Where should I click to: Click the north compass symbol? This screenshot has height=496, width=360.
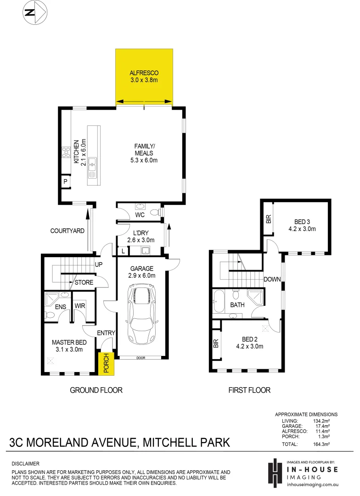click(x=35, y=13)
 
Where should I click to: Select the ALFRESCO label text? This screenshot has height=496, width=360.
click(x=144, y=73)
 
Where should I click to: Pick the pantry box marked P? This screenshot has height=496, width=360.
click(x=65, y=182)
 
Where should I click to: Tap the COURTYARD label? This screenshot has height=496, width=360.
click(x=67, y=231)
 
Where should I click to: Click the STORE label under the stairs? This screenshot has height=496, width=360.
click(x=84, y=282)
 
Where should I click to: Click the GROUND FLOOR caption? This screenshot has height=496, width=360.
click(x=96, y=390)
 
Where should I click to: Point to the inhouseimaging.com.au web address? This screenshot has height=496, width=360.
click(x=312, y=484)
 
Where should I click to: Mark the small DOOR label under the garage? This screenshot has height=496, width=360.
click(x=140, y=357)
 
